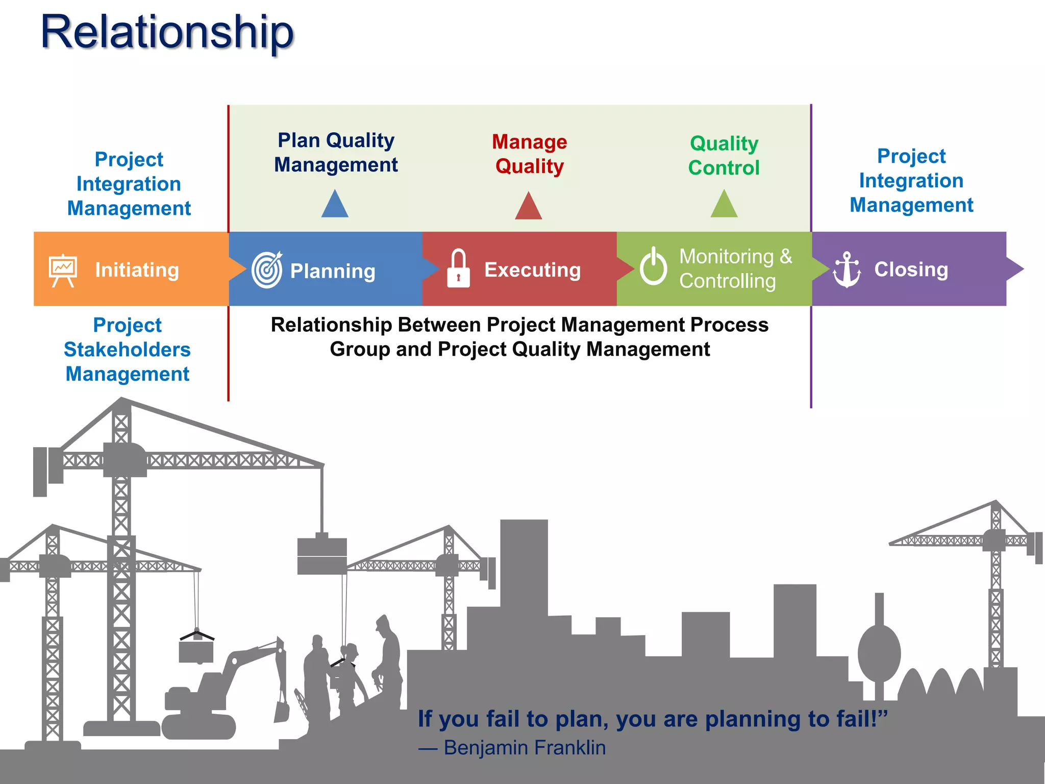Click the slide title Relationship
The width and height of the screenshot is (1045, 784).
pyautogui.click(x=167, y=32)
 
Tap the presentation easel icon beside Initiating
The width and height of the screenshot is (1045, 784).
pyautogui.click(x=63, y=270)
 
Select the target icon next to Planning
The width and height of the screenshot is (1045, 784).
pyautogui.click(x=267, y=269)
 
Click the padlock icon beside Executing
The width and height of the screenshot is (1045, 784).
pyautogui.click(x=458, y=269)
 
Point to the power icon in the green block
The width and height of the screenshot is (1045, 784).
pyautogui.click(x=653, y=266)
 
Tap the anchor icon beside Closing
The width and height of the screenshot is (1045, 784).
pyautogui.click(x=847, y=269)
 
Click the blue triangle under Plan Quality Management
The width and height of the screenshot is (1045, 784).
pyautogui.click(x=335, y=205)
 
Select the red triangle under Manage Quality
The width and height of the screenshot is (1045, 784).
pyautogui.click(x=528, y=206)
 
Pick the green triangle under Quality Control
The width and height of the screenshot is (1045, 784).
pyautogui.click(x=724, y=205)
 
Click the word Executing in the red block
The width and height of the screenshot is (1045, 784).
pyautogui.click(x=532, y=270)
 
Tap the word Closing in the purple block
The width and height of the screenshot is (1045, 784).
pyautogui.click(x=911, y=269)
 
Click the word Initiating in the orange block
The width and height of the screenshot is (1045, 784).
pyautogui.click(x=137, y=270)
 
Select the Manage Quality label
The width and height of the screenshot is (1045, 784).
pyautogui.click(x=529, y=154)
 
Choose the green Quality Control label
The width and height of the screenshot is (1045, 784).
pyautogui.click(x=724, y=156)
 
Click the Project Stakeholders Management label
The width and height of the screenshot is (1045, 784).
pyautogui.click(x=128, y=350)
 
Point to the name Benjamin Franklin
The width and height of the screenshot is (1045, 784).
pyautogui.click(x=525, y=748)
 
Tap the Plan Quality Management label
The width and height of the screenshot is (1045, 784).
pyautogui.click(x=336, y=153)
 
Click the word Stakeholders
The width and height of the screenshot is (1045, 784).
pyautogui.click(x=128, y=350)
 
